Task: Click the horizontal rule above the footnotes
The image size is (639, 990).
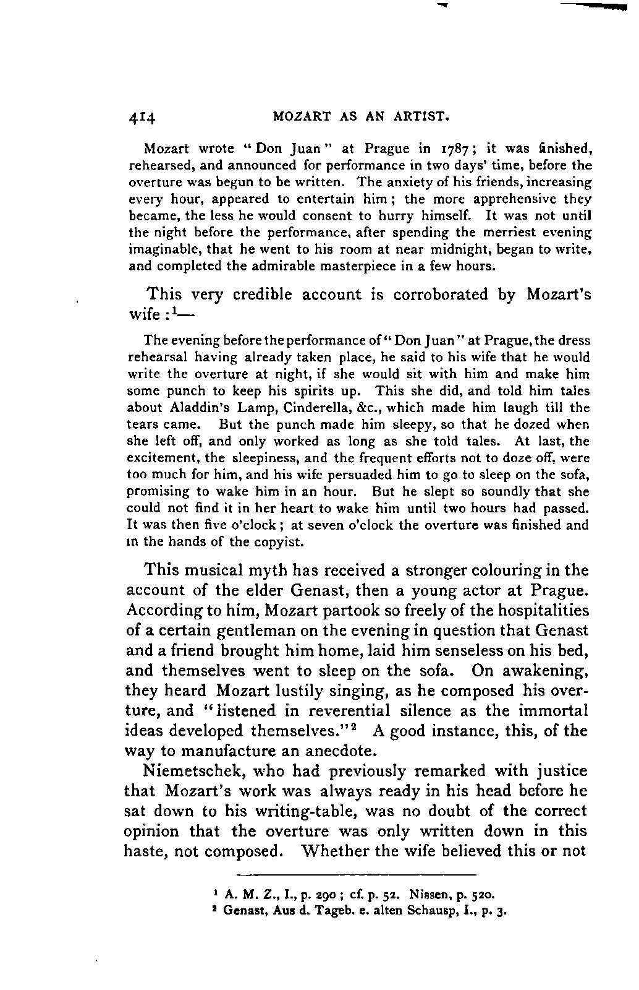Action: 357,876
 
